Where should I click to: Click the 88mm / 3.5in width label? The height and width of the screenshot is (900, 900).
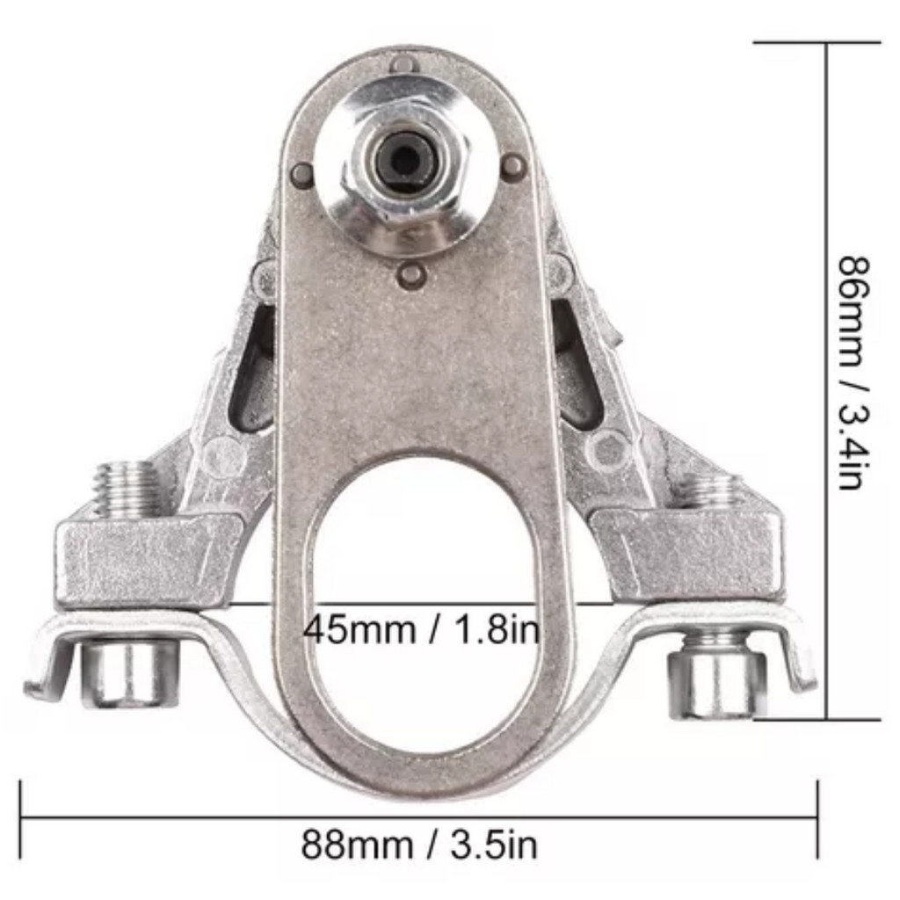point(419,845)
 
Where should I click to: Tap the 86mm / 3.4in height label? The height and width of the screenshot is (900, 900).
point(854,372)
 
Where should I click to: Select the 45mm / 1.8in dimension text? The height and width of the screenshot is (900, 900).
point(421,629)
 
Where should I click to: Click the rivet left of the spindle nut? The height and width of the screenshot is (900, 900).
point(302,171)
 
